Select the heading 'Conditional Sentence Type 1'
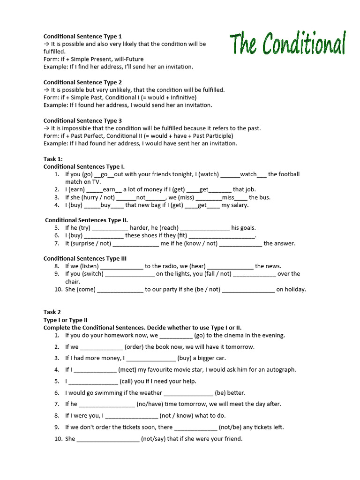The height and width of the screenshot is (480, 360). [82, 36]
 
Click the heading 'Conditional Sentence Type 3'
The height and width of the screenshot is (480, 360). [82, 120]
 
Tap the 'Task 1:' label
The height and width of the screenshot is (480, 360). [53, 159]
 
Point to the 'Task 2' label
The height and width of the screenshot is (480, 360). [52, 312]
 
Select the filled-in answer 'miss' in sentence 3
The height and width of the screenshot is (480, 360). [228, 197]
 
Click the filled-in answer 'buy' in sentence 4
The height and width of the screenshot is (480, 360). [105, 205]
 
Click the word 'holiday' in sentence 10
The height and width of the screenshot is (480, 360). [291, 289]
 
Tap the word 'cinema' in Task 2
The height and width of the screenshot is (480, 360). [240, 336]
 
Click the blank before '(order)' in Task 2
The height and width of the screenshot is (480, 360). [101, 347]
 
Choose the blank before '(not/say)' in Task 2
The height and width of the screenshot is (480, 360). [108, 439]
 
